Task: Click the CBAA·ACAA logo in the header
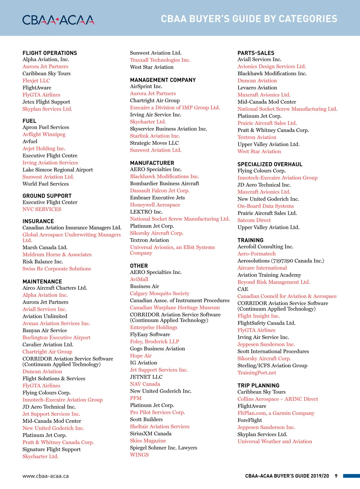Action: coord(58,20)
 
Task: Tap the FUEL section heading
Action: coord(29,121)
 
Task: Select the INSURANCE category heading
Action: coord(38,221)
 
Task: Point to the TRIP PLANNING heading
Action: coord(258,386)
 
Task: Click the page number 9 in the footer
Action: coord(336,476)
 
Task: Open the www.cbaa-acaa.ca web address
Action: coord(46,476)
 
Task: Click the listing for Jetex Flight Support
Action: coord(46,102)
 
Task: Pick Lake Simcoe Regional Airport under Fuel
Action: coord(58,170)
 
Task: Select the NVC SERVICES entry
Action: coord(42,209)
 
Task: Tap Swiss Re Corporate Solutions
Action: coord(57,269)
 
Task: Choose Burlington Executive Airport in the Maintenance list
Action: coord(56,338)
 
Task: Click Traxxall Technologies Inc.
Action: coord(160,60)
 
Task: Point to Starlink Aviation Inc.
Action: coord(155,136)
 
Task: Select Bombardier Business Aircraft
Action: coord(164,183)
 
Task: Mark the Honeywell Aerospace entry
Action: coord(155,205)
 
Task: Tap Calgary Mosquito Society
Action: coord(160,294)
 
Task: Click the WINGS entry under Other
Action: coord(139,455)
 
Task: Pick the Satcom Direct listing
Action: coord(254,220)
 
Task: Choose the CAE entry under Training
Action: coord(243,289)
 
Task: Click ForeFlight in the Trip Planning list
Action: coord(250,420)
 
